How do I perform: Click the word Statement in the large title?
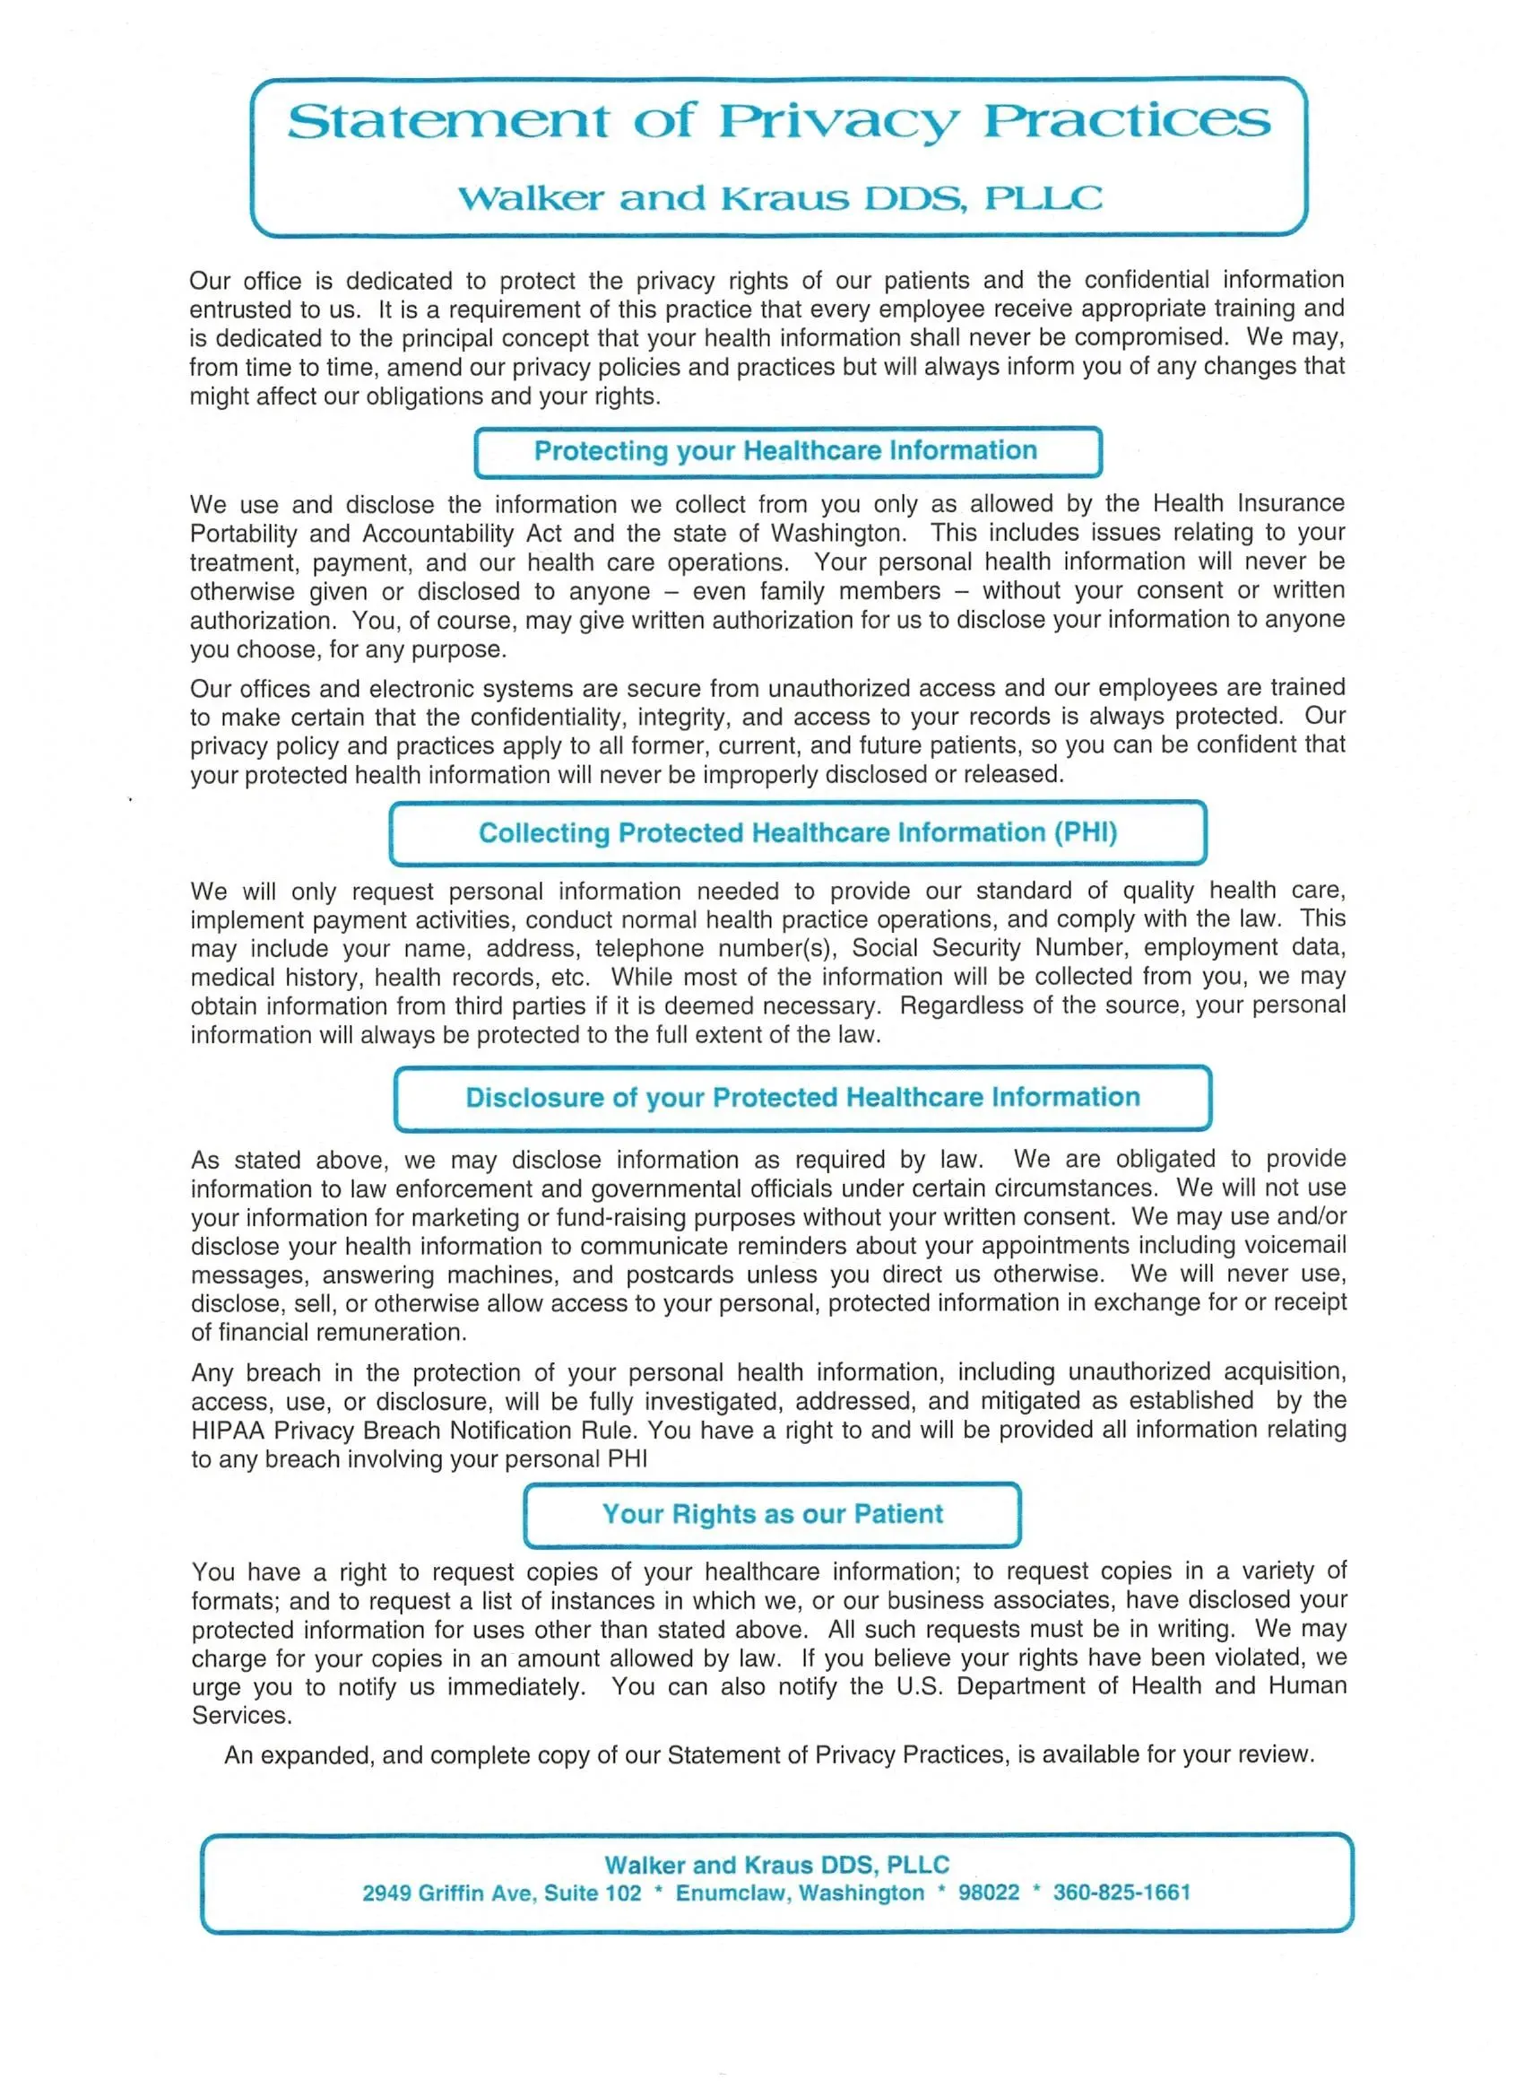447,121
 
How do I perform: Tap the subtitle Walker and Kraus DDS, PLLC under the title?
779,198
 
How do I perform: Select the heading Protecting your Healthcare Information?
785,450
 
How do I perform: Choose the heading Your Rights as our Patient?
773,1514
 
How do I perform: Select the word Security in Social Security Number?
976,948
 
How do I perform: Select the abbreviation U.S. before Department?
920,1686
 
